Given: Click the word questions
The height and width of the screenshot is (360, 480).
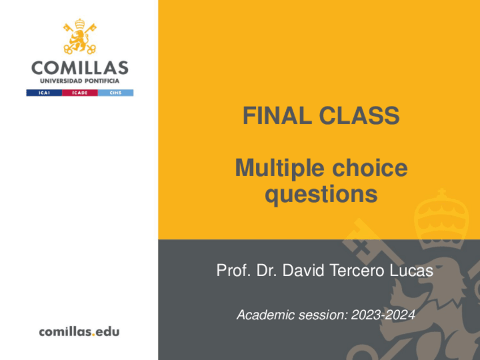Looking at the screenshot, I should tap(321, 194).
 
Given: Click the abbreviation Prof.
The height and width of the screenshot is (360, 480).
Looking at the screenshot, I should tap(230, 271).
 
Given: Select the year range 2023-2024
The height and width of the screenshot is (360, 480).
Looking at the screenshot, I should tap(383, 315).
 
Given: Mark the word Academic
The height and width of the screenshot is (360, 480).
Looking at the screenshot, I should tap(260, 315).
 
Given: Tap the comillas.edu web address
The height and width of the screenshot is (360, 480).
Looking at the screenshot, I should tap(79, 332).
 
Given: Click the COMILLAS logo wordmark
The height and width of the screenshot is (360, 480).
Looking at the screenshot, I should tap(80, 68).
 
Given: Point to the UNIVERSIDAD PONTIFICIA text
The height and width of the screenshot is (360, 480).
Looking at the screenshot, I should tap(80, 81).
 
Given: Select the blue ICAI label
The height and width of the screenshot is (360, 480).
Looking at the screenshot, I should tap(44, 92).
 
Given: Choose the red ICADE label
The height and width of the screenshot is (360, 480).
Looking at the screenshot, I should tap(80, 92).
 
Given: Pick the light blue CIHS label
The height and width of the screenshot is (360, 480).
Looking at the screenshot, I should tap(115, 92).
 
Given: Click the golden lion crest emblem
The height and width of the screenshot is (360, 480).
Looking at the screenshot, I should tap(80, 37).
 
